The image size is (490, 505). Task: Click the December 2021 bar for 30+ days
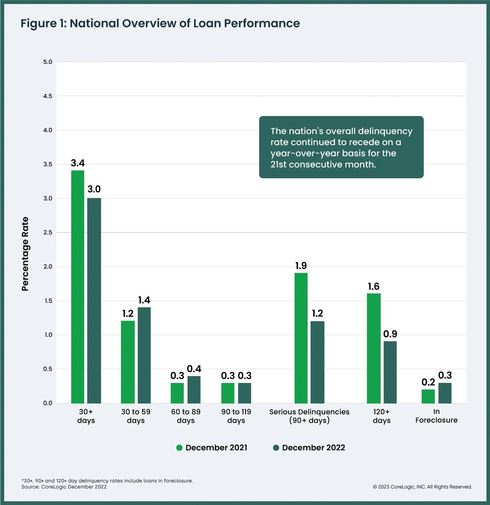click(78, 287)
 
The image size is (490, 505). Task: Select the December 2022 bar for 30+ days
click(94, 300)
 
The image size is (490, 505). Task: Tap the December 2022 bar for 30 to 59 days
click(144, 355)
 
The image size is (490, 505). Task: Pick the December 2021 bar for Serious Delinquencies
click(301, 338)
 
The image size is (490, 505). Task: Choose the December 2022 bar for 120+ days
click(390, 372)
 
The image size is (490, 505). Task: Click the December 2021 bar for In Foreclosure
click(428, 396)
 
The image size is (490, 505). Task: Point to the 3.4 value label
click(78, 163)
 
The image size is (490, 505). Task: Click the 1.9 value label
click(301, 266)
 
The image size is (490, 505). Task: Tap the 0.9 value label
click(390, 334)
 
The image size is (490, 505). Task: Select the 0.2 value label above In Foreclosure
click(428, 382)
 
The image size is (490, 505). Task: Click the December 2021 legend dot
click(179, 448)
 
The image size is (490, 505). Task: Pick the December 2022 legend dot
click(276, 448)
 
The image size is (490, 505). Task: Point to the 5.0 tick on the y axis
click(48, 62)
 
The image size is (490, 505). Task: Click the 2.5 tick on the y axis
click(48, 232)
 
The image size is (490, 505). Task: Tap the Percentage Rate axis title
click(25, 254)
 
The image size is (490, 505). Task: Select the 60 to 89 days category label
click(186, 416)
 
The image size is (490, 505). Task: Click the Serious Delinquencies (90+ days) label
click(309, 416)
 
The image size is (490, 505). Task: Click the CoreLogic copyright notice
click(422, 487)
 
